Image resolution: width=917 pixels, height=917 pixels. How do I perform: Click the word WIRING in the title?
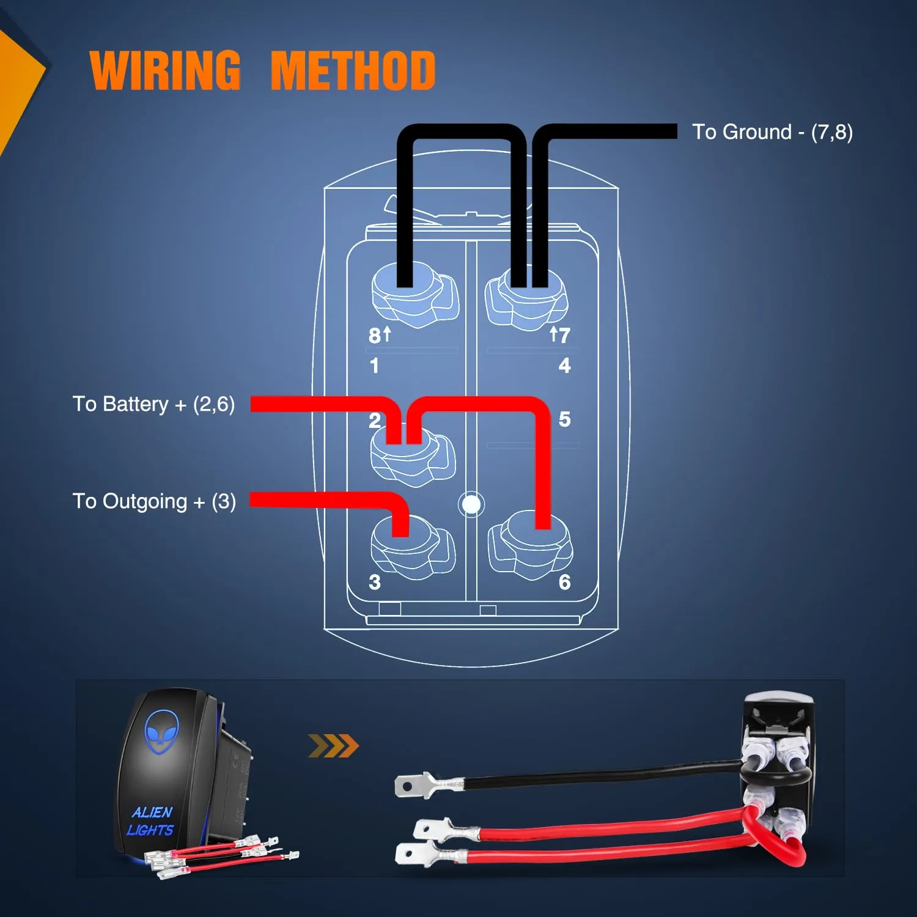165,71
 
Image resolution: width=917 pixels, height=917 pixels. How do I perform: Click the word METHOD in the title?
353,71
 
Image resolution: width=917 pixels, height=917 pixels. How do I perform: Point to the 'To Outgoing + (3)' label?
154,501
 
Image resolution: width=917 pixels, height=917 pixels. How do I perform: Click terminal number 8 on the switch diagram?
375,336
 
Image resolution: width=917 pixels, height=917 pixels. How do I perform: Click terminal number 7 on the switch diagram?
564,336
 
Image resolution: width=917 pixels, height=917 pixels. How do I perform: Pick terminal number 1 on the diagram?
374,366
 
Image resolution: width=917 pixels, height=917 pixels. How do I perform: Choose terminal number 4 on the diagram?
564,366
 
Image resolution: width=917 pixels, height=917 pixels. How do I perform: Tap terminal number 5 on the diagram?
564,419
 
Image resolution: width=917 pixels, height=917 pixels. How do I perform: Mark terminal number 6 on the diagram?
564,582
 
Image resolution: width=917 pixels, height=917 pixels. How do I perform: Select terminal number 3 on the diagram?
375,582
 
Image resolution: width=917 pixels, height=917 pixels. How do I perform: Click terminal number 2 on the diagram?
375,421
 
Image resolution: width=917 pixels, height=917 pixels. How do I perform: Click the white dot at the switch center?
471,504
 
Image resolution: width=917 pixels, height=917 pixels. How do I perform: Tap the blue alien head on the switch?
161,731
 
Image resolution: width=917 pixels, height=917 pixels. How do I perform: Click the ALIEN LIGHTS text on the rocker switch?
151,821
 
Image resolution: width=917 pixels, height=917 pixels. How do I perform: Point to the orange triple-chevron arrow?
333,746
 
